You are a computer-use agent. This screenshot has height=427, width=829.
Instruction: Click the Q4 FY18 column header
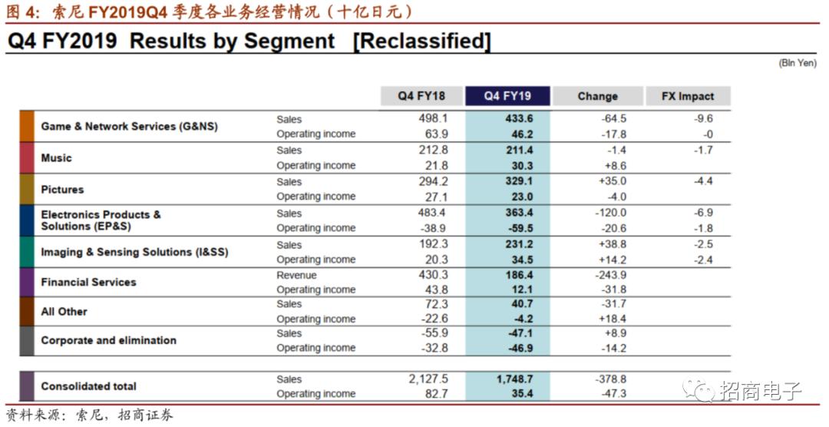(421, 96)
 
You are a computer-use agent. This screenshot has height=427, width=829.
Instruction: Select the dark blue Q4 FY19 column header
(507, 96)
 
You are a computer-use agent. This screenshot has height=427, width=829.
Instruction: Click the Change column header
(597, 96)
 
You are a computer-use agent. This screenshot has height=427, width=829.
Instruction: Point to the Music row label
(56, 158)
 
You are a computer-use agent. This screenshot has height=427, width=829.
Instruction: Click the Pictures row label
(62, 190)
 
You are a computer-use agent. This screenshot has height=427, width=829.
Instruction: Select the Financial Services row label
(88, 282)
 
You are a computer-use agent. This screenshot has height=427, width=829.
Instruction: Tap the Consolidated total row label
(88, 386)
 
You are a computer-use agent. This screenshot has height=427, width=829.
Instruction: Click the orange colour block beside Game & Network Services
(27, 126)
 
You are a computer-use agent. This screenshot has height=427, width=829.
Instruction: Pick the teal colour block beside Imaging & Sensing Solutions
(27, 252)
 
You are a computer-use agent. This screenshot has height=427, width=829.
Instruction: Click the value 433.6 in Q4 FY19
(519, 119)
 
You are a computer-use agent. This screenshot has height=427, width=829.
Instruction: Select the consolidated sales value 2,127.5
(428, 379)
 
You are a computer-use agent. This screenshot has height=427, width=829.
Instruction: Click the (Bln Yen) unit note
(798, 63)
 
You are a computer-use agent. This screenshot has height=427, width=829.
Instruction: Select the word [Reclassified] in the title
(421, 41)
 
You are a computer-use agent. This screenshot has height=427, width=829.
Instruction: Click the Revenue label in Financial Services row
(296, 275)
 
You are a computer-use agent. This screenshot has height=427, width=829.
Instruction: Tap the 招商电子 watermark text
(761, 391)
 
